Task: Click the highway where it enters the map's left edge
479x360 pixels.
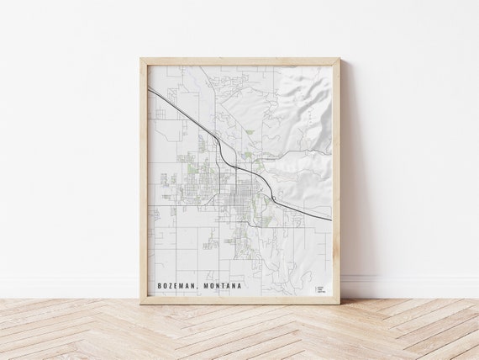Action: (x=150, y=88)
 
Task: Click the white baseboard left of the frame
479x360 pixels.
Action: (x=67, y=286)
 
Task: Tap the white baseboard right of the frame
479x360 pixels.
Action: (x=412, y=286)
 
